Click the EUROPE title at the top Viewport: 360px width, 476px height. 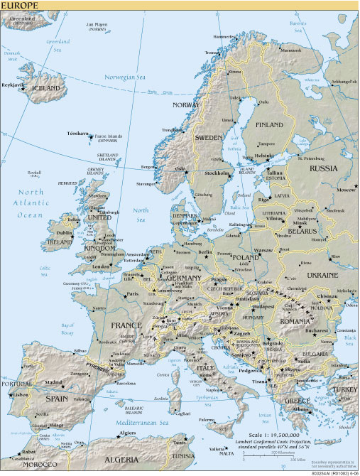coord(20,5)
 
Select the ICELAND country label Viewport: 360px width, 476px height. coord(46,88)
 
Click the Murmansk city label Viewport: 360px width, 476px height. coord(290,50)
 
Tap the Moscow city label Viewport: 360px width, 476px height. coord(347,190)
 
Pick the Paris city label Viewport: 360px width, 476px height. coord(131,293)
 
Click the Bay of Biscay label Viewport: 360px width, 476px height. coord(65,328)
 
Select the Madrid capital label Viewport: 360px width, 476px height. coord(54,382)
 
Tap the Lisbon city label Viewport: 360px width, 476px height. coord(18,395)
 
